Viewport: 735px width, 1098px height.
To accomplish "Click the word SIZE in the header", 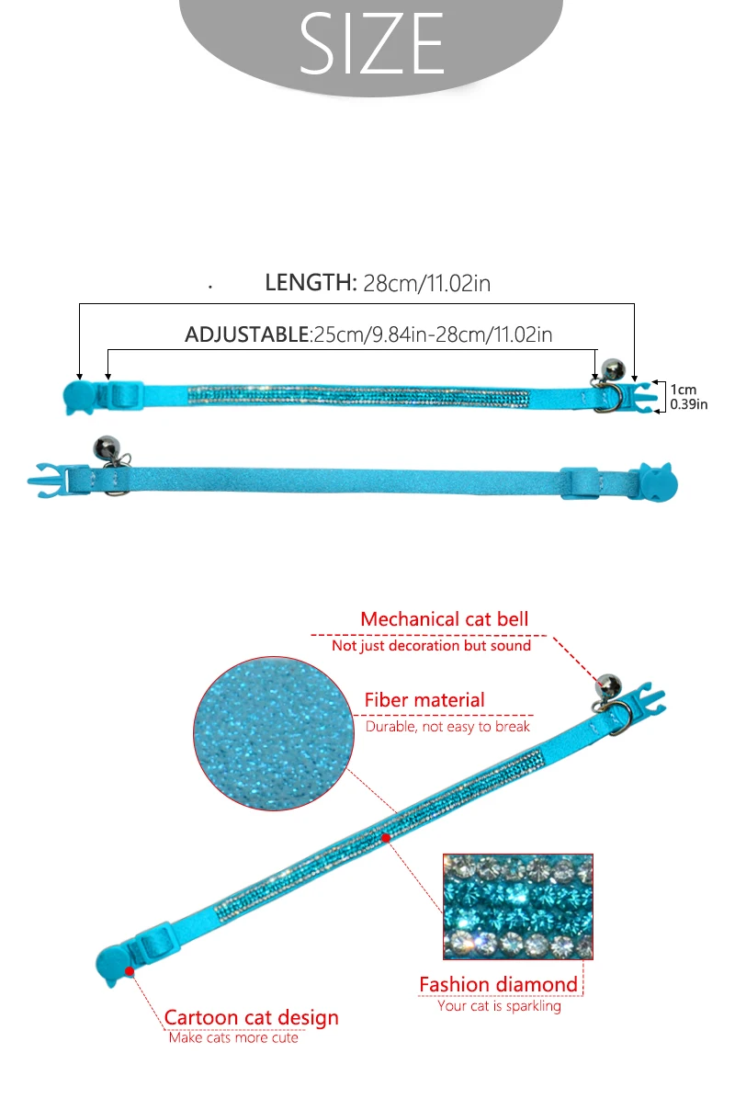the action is click(372, 43).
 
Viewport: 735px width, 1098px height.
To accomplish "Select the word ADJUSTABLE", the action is click(246, 334).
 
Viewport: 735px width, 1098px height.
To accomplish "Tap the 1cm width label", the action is click(684, 390).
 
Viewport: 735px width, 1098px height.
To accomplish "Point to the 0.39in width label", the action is click(689, 404).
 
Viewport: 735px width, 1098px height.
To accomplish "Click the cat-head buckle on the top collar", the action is click(78, 397).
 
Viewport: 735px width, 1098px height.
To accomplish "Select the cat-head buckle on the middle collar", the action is click(659, 481).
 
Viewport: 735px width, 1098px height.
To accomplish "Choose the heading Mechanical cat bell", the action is click(445, 619).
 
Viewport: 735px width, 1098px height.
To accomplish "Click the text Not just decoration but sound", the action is click(431, 646).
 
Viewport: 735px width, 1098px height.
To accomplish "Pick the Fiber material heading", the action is click(424, 699).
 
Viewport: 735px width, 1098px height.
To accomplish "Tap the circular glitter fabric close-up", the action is click(274, 734).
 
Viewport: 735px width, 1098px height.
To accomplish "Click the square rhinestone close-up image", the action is click(518, 906).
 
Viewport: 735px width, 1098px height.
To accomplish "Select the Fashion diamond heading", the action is click(498, 985).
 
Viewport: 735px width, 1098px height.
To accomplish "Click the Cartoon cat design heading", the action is click(252, 1017).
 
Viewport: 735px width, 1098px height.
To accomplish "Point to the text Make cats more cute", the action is click(233, 1037).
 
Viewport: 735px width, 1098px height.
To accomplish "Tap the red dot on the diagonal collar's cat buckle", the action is click(130, 970).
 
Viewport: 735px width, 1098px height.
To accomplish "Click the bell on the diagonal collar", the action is click(607, 685).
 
